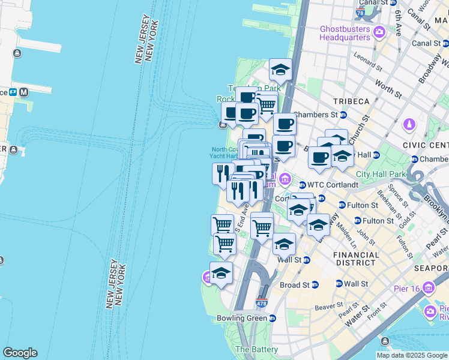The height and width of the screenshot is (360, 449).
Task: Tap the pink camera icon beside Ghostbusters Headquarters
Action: point(379,31)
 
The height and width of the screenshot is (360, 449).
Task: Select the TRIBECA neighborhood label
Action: point(352,101)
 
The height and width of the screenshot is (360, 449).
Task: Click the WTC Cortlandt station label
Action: point(333,185)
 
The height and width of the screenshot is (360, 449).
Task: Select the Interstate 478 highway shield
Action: point(261,302)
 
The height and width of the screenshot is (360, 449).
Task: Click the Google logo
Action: point(20,353)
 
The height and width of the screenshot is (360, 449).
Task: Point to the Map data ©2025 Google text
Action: point(412,355)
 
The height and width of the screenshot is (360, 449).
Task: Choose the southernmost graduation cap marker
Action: point(221,273)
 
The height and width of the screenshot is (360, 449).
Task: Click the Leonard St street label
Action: point(367,58)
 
